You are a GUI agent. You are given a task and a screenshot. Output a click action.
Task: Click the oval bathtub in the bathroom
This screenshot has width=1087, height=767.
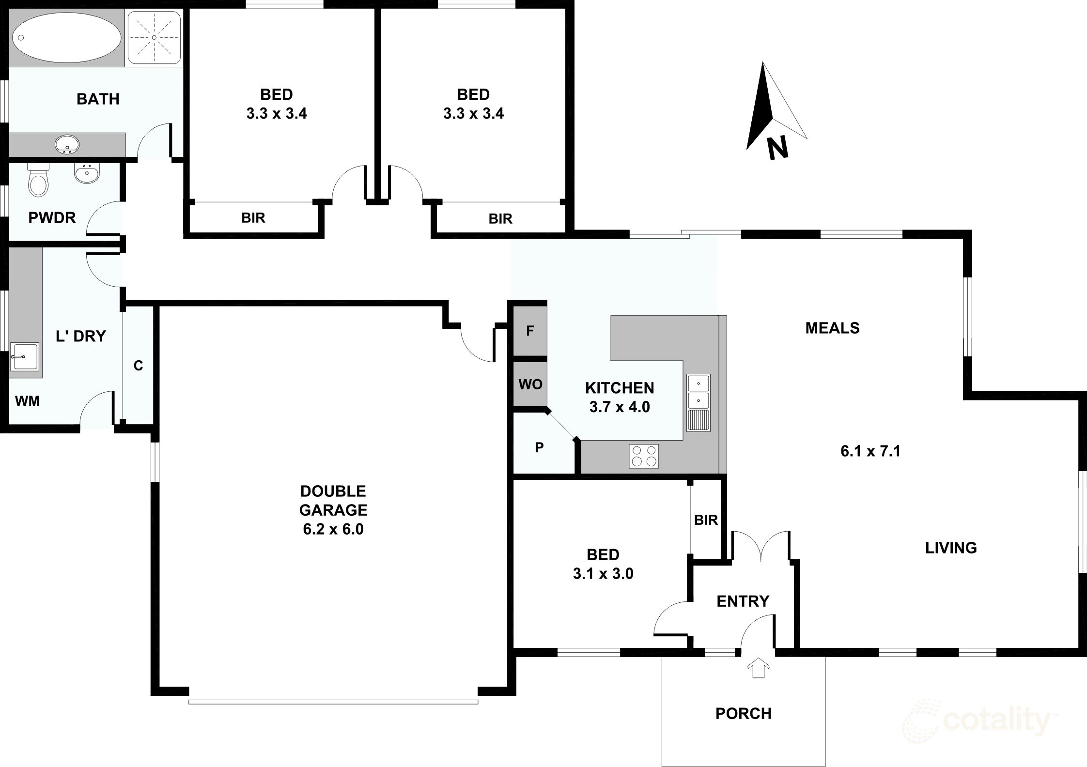(67, 37)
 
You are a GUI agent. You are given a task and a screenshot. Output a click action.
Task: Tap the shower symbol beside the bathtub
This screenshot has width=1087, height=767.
(154, 37)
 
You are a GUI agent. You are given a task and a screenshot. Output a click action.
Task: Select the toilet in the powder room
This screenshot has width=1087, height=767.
(38, 180)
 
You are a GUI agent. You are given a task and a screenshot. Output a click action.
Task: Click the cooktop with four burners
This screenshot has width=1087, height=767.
(644, 456)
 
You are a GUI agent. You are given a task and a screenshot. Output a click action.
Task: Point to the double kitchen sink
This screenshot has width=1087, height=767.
(698, 402)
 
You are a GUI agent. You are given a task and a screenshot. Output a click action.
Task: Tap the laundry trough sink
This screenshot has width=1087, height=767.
(24, 356)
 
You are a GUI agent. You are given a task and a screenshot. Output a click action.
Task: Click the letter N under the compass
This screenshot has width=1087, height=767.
(777, 148)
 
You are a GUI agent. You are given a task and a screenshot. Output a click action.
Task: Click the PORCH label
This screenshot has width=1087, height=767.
(743, 713)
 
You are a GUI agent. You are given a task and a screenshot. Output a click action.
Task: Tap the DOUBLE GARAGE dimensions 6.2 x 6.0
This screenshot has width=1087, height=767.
(333, 529)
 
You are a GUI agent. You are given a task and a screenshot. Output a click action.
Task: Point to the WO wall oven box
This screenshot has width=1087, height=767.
(530, 384)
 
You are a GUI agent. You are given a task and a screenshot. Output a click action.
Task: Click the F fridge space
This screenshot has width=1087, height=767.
(530, 330)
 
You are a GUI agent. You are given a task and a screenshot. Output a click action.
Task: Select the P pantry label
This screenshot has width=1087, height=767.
(539, 448)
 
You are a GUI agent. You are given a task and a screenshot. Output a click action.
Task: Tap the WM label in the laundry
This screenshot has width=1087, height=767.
(27, 401)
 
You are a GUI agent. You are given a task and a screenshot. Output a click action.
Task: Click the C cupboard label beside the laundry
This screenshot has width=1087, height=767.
(138, 366)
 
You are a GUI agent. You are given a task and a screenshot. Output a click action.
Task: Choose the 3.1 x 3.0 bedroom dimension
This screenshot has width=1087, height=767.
(603, 574)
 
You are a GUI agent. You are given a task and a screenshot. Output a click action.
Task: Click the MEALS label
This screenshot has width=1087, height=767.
(832, 328)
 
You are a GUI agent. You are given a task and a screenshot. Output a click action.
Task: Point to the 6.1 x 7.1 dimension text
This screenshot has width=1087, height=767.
(870, 451)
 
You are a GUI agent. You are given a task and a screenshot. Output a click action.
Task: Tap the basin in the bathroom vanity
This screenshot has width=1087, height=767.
(67, 144)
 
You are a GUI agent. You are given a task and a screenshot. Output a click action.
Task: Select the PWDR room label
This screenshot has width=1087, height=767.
(52, 218)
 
